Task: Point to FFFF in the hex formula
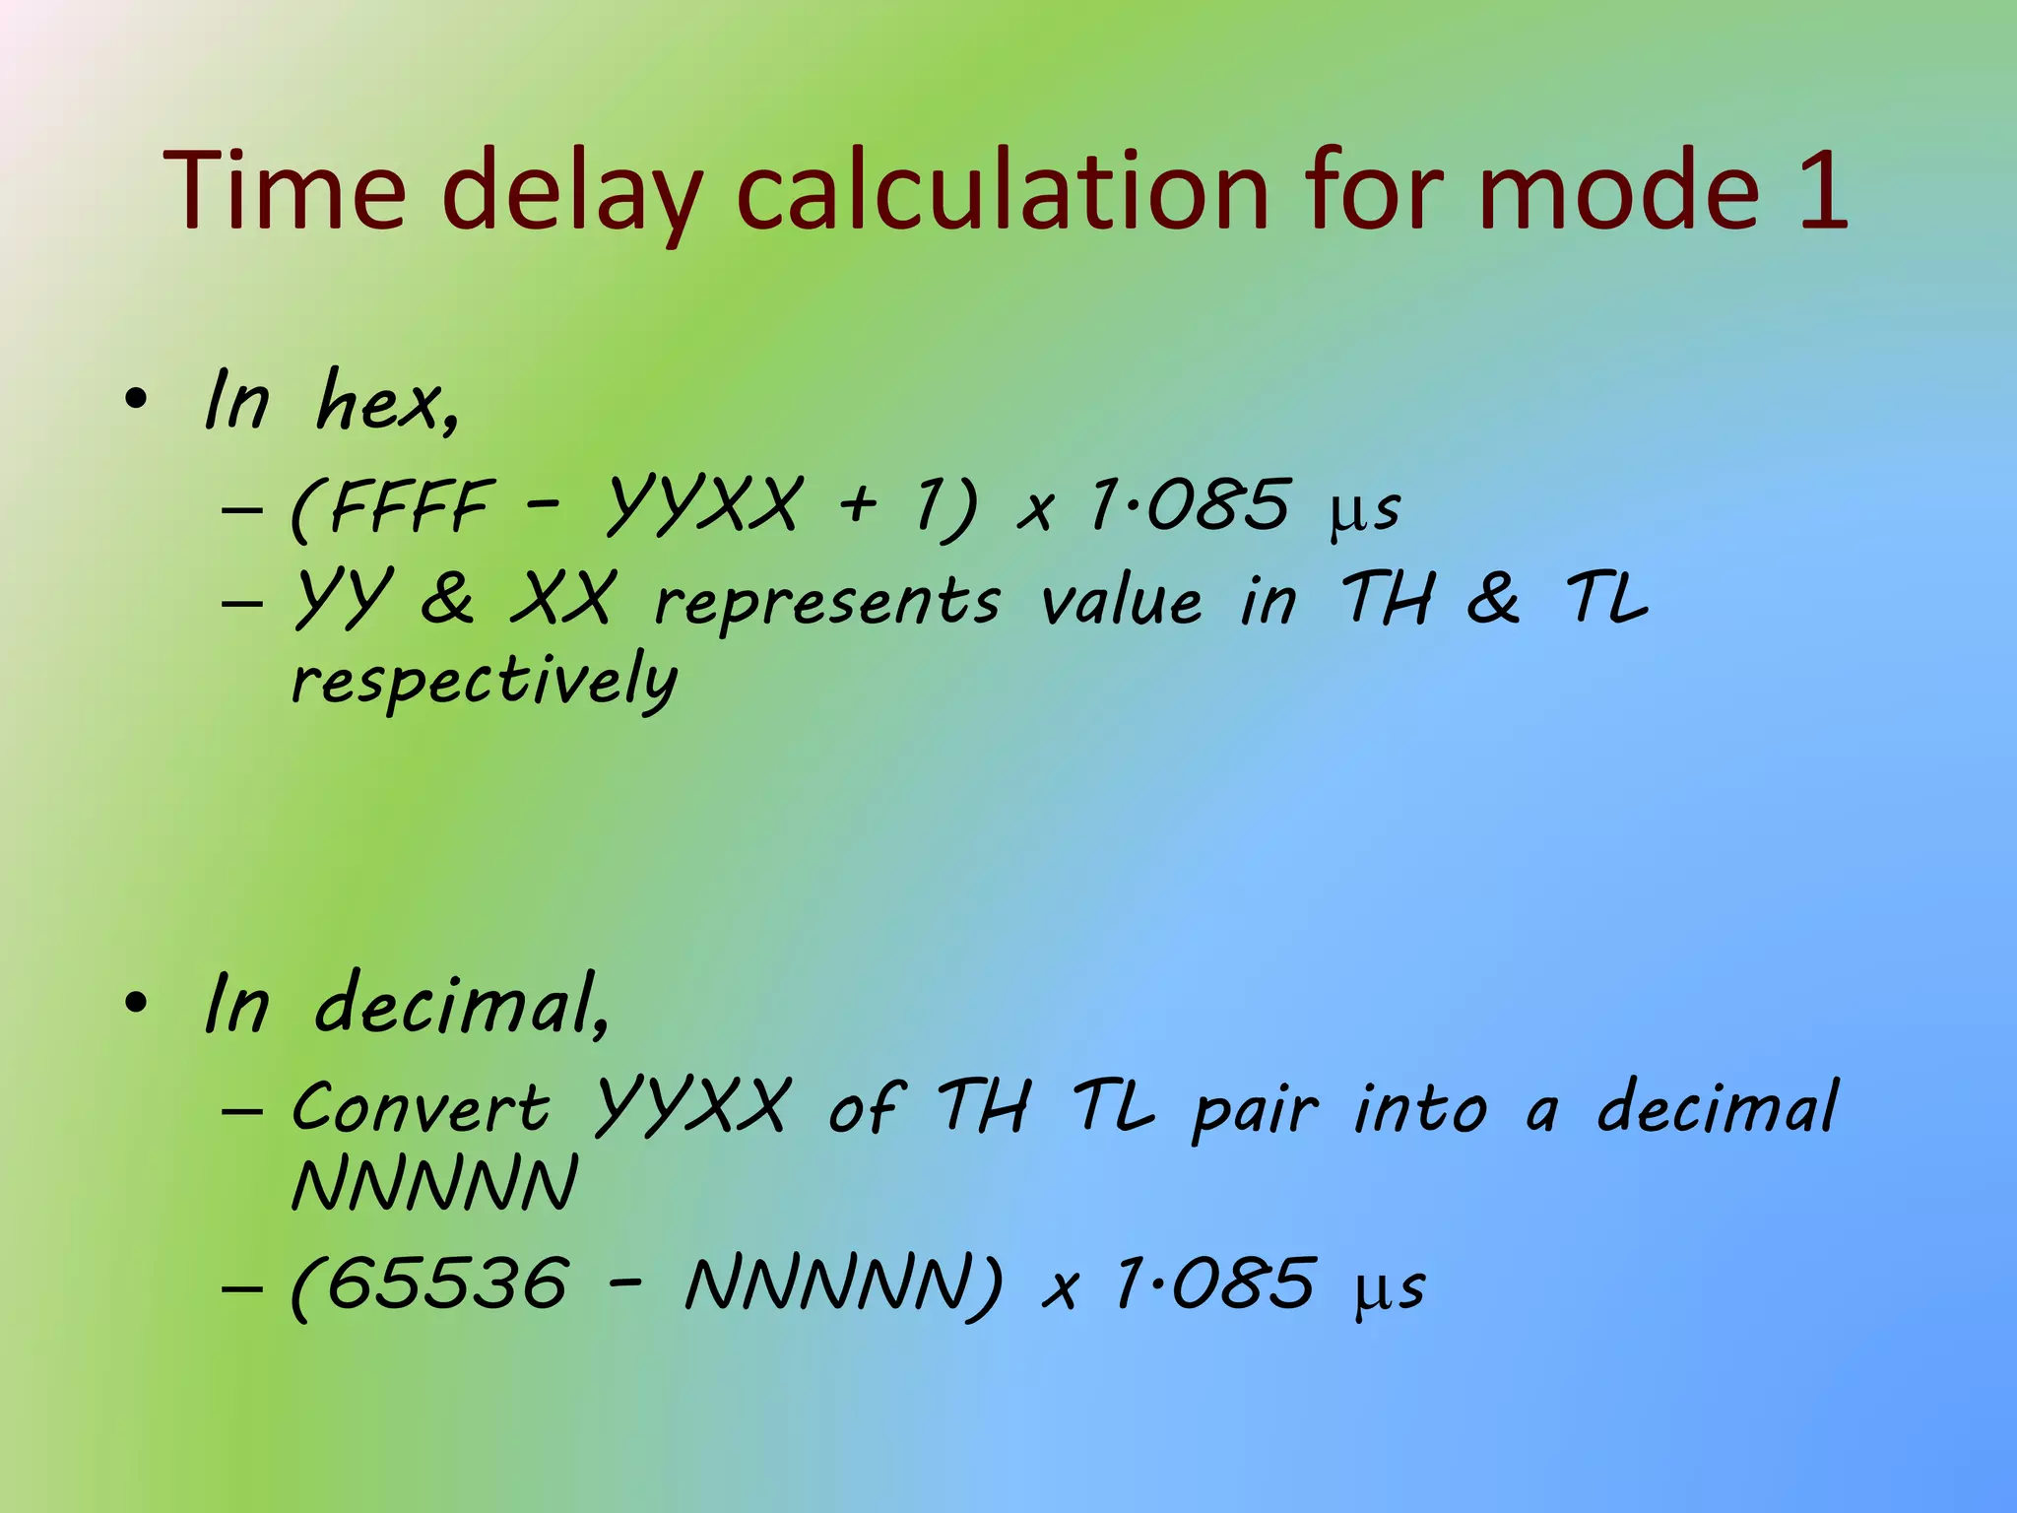click(x=409, y=506)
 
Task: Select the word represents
click(x=827, y=602)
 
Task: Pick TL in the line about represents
click(x=1606, y=597)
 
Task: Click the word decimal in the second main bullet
click(x=459, y=1005)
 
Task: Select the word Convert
click(x=421, y=1107)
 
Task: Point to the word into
click(x=1420, y=1107)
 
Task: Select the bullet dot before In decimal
click(x=136, y=1003)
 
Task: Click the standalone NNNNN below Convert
click(x=434, y=1185)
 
